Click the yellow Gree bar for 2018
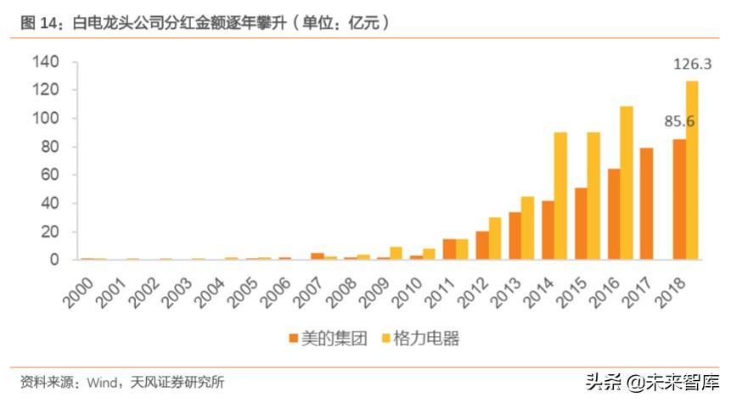(692, 170)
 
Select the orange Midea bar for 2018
(678, 199)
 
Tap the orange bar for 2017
(646, 204)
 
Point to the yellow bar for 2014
(560, 196)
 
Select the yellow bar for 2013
(527, 228)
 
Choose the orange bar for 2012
(481, 245)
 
